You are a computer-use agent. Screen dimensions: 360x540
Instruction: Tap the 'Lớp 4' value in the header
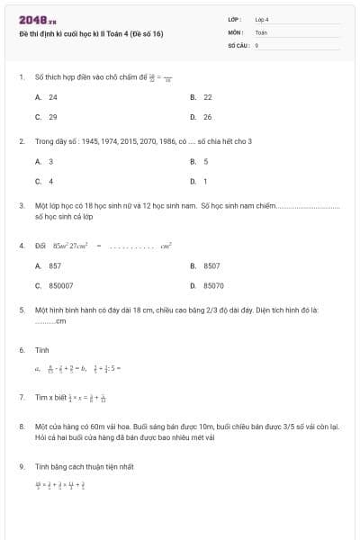click(262, 19)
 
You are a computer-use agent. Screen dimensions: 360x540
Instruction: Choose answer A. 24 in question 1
click(47, 97)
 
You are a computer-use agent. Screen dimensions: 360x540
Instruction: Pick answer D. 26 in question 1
click(202, 117)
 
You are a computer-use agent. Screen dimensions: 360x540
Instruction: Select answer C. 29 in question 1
click(47, 117)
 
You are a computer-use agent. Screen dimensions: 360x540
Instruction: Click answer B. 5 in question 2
click(200, 162)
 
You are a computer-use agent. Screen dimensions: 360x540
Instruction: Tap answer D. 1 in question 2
click(200, 182)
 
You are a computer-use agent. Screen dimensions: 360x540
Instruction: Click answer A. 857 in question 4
click(49, 266)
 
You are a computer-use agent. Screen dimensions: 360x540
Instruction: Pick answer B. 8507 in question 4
click(206, 266)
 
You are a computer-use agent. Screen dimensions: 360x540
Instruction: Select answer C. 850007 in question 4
click(55, 286)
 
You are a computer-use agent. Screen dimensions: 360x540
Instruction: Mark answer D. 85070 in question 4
click(208, 286)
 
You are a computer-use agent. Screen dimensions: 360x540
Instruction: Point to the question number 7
click(21, 397)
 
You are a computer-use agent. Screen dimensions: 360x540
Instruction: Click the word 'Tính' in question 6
click(41, 349)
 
